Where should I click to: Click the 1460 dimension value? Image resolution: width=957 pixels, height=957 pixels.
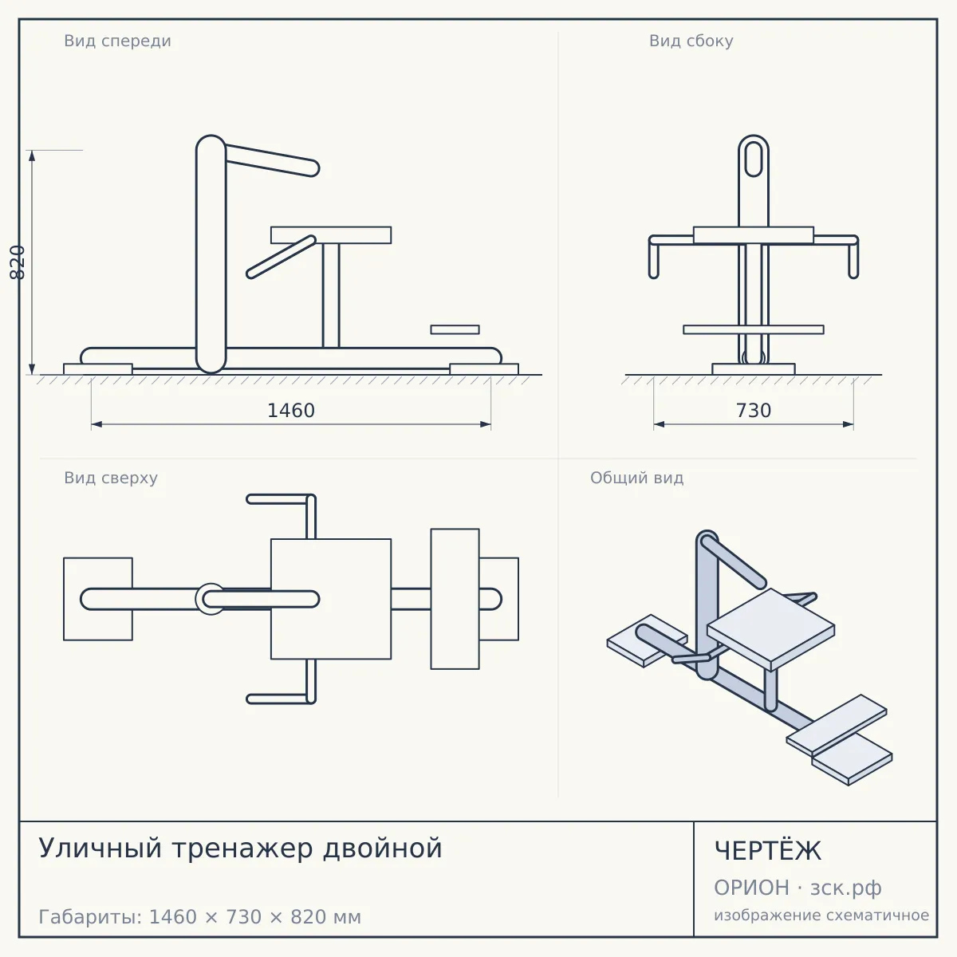pos(291,411)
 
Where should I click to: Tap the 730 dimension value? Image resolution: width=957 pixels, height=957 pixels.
pos(754,411)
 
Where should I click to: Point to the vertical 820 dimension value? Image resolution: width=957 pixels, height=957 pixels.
pos(18,262)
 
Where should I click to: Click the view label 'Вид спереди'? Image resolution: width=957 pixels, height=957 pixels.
pos(118,41)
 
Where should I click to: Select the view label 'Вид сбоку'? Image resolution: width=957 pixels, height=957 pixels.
pos(691,41)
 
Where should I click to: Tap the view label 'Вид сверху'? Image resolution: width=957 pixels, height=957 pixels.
pos(111,478)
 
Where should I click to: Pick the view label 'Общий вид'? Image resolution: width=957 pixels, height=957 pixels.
pos(636,478)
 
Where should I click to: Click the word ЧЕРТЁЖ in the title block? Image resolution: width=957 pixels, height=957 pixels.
pos(768,851)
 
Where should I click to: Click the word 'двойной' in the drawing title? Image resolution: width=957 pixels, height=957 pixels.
pos(383,849)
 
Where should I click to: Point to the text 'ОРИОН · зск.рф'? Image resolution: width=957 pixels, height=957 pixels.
pos(797,888)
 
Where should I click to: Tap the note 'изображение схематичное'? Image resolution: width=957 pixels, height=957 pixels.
pos(821,915)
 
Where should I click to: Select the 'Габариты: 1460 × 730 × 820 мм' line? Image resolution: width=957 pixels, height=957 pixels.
pos(199,917)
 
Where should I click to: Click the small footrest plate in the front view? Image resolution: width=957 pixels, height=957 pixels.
pos(455,329)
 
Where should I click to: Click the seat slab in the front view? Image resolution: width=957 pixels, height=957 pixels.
pos(331,235)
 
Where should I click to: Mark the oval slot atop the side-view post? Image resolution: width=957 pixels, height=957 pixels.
pos(754,159)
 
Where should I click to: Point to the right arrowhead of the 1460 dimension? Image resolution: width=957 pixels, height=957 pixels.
pos(486,424)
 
